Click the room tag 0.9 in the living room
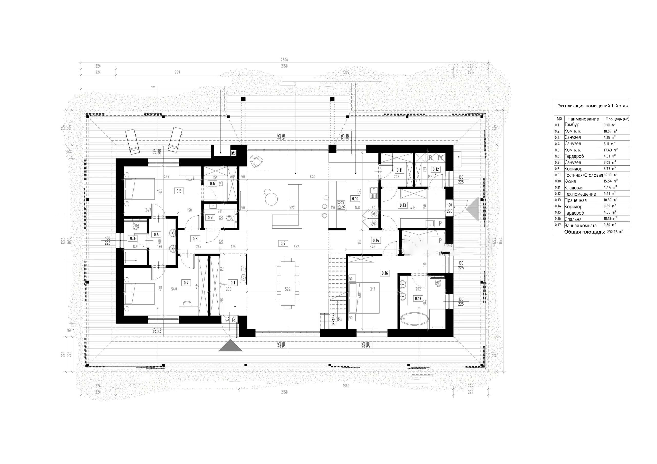tap(283, 243)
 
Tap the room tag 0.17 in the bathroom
tap(418, 298)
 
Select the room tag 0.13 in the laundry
tap(403, 205)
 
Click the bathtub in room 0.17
tap(414, 318)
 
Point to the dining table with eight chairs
tap(288, 283)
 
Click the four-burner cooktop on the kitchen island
tap(341, 205)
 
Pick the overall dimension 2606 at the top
tap(284, 60)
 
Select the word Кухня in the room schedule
tap(570, 181)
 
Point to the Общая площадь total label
tap(584, 232)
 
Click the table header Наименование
tap(583, 119)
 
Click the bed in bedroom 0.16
tap(364, 298)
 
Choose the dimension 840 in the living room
tap(313, 177)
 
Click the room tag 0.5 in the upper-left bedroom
tap(179, 191)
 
